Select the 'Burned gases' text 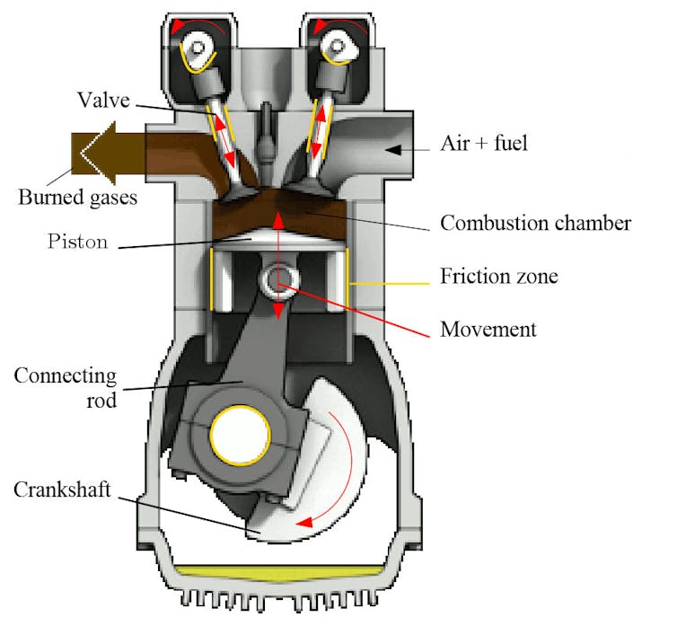(x=77, y=196)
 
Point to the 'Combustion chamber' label (x=535, y=222)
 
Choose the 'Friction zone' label (x=498, y=275)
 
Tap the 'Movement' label (x=488, y=329)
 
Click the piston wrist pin (x=278, y=280)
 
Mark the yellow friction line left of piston (x=211, y=279)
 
